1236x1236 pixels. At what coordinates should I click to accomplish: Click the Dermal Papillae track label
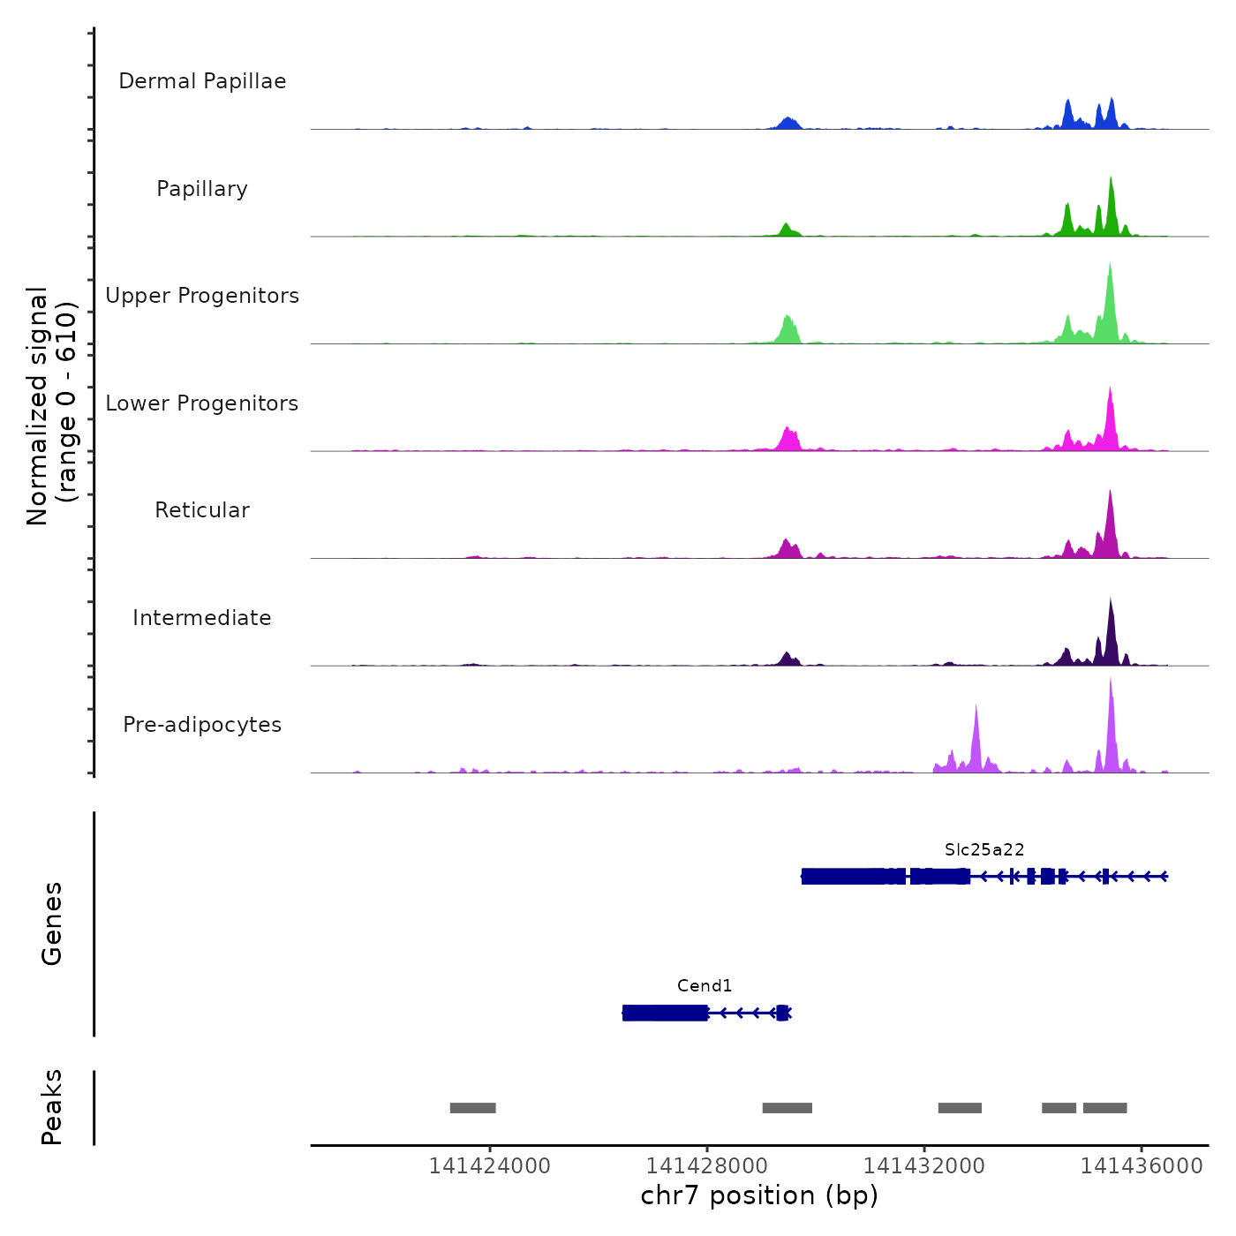[202, 81]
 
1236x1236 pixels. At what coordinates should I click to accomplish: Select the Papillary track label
[202, 189]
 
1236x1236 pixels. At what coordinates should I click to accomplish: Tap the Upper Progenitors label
[202, 296]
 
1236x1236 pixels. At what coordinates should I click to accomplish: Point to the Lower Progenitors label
[202, 403]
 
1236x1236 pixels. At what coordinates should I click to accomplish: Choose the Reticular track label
[202, 510]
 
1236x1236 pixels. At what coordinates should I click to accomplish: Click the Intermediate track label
[202, 618]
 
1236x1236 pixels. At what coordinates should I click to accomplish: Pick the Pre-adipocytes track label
[202, 725]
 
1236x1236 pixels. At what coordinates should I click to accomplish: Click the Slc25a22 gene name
[984, 849]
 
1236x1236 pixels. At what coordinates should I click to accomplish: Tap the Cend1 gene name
[705, 985]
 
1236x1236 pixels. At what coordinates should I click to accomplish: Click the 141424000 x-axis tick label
[489, 1166]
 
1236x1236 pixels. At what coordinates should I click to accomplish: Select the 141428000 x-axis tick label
[707, 1166]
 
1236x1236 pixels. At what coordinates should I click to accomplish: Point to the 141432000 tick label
[924, 1166]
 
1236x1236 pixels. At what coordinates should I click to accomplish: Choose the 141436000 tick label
[1142, 1166]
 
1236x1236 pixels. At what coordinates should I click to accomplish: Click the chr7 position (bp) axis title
[759, 1195]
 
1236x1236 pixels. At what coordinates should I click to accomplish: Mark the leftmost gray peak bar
[472, 1108]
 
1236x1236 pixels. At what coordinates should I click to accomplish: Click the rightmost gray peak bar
[1104, 1108]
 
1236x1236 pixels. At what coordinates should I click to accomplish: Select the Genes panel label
[52, 923]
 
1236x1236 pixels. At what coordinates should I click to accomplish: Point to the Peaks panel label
[52, 1107]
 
